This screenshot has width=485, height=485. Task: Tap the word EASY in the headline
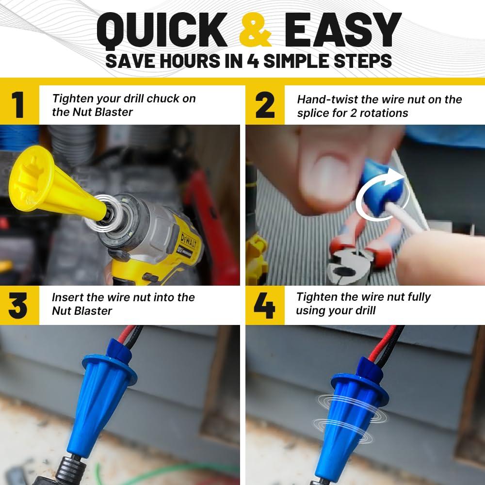pyautogui.click(x=342, y=30)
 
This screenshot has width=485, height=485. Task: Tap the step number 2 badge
pyautogui.click(x=265, y=105)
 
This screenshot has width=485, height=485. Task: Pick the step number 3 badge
pyautogui.click(x=18, y=305)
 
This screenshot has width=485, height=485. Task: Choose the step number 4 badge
pyautogui.click(x=264, y=305)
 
